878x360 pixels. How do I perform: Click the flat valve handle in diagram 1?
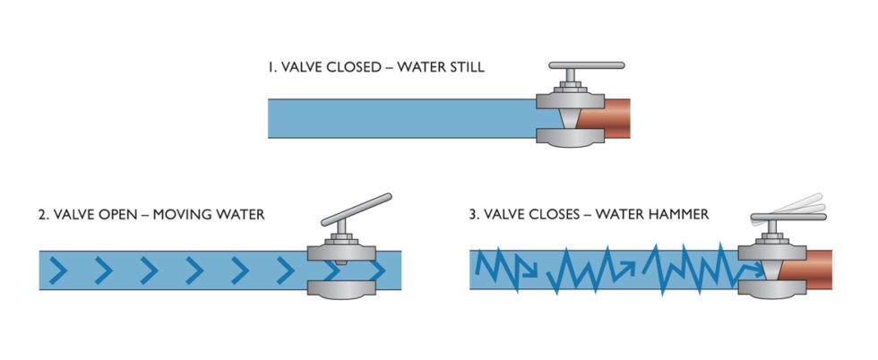click(587, 66)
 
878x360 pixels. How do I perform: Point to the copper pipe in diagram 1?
click(609, 117)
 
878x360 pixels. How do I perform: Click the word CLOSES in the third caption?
click(572, 215)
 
